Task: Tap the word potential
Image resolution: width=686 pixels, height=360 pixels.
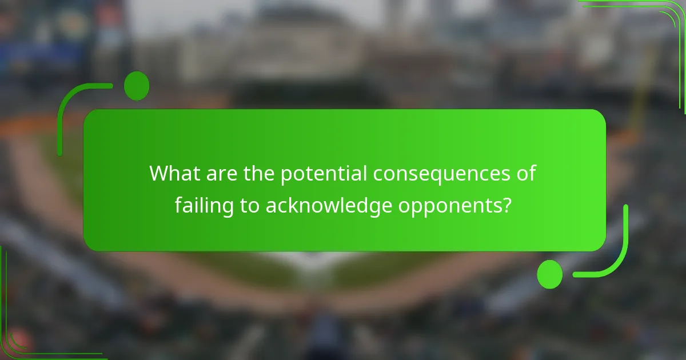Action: pyautogui.click(x=324, y=174)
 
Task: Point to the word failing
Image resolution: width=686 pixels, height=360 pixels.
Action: pyautogui.click(x=203, y=206)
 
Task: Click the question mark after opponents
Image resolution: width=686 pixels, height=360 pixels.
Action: pyautogui.click(x=506, y=205)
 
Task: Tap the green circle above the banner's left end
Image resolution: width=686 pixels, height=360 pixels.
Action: pyautogui.click(x=137, y=86)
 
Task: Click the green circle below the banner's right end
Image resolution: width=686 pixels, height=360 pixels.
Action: pyautogui.click(x=549, y=274)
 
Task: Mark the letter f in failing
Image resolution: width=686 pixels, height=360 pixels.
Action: pyautogui.click(x=179, y=205)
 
